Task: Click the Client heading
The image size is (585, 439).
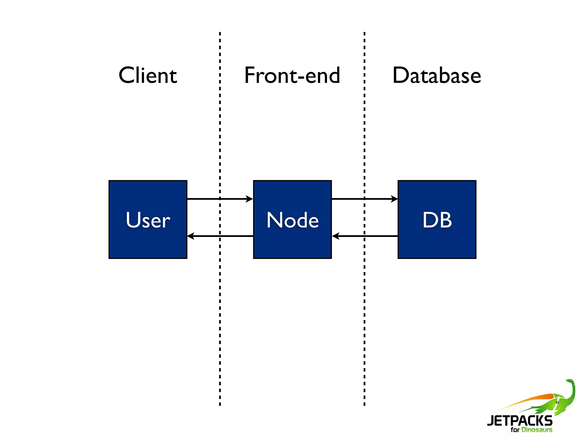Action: (148, 75)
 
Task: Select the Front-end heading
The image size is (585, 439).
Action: (292, 75)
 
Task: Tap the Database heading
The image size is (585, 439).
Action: (436, 75)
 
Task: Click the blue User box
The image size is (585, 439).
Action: (148, 246)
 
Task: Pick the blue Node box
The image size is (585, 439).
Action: (292, 246)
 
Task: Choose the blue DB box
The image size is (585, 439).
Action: (437, 246)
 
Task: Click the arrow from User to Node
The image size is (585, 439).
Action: (211, 199)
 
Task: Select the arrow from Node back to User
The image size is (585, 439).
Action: (229, 236)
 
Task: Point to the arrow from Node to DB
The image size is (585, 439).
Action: (354, 199)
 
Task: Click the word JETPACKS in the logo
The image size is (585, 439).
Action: (520, 420)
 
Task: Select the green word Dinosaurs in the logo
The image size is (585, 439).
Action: (537, 430)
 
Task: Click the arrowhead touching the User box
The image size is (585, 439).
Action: (191, 236)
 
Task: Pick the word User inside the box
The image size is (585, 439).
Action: (148, 220)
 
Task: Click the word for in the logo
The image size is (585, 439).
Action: (515, 430)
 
